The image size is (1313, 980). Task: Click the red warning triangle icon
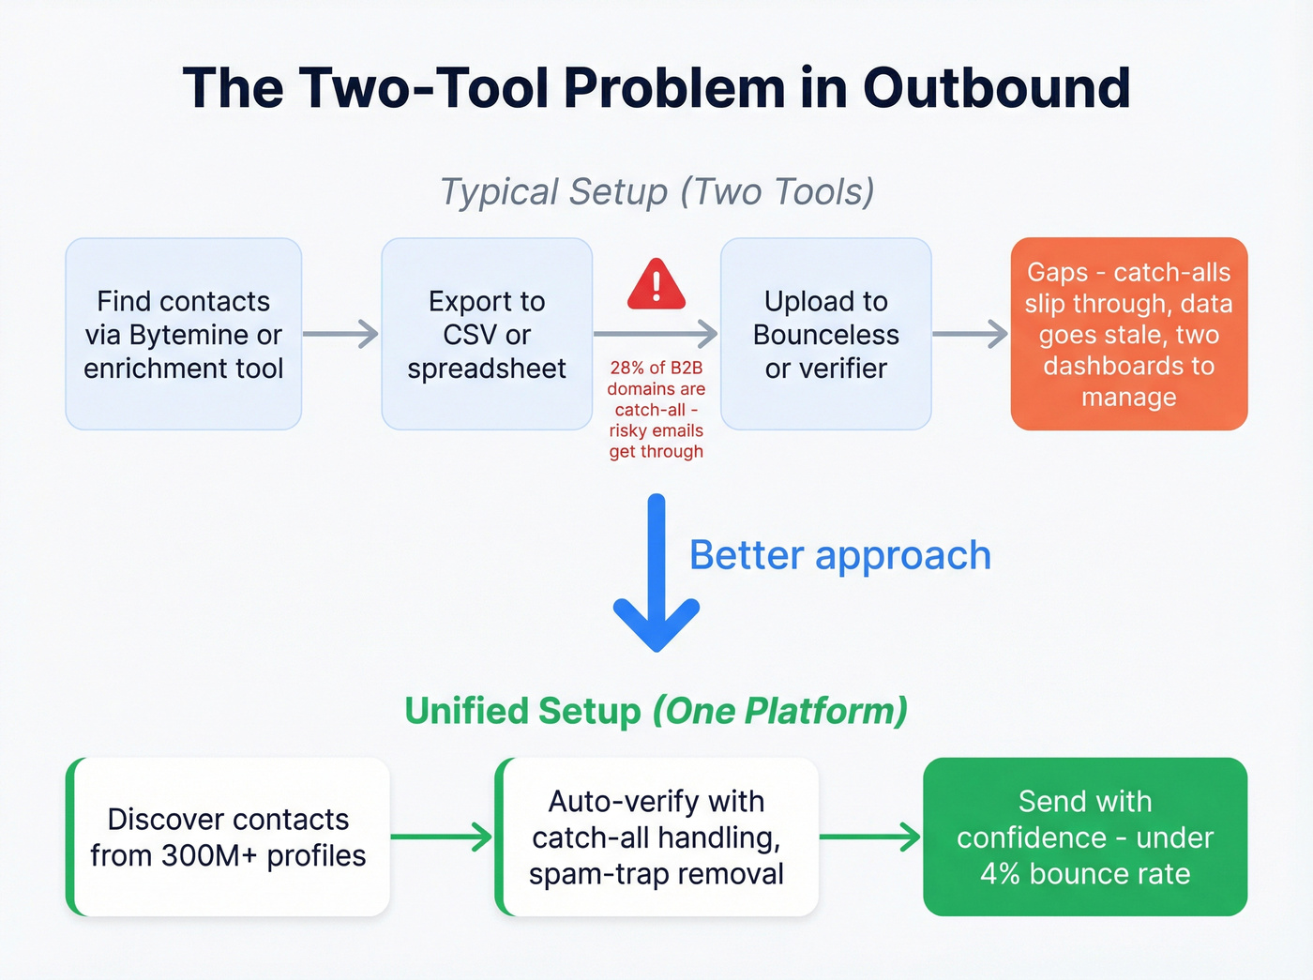[x=656, y=285]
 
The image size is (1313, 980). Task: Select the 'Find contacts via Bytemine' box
[x=184, y=334]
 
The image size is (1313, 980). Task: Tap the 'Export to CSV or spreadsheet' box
[x=487, y=334]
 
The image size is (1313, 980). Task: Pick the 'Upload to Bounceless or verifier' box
[x=825, y=334]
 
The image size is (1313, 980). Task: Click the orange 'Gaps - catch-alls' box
[x=1128, y=334]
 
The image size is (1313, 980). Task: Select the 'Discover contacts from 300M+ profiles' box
[x=228, y=837]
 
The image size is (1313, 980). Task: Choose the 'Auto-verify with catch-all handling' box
[x=656, y=837]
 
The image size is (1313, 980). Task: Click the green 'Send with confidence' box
[x=1085, y=837]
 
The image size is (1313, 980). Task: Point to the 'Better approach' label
[x=839, y=555]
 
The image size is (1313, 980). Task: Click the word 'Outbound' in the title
[x=996, y=88]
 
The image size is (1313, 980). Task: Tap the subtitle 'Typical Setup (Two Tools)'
[x=656, y=192]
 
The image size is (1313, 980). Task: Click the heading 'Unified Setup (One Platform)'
[x=656, y=711]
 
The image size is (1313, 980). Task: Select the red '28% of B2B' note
[x=656, y=410]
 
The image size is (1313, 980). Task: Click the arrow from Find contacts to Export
[x=340, y=334]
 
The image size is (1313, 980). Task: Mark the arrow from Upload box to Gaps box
[x=970, y=334]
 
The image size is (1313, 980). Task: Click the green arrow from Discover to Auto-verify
[x=441, y=837]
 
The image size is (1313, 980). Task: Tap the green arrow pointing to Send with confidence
[x=870, y=837]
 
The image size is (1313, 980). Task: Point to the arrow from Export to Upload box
[x=656, y=334]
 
